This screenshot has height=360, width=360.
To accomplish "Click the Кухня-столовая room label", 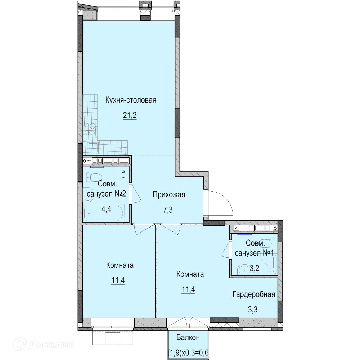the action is (x=131, y=100).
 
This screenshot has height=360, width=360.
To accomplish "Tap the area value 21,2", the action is (x=130, y=115).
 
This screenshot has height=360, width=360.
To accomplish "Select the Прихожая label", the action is (x=169, y=195).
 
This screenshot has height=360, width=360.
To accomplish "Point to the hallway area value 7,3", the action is (x=168, y=210).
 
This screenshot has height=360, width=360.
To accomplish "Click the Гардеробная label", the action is (x=254, y=294).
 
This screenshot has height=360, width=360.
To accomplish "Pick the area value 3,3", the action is (x=253, y=310).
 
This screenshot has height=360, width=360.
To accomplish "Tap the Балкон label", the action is (x=188, y=338).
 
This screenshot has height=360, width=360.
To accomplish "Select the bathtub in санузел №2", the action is (x=104, y=213).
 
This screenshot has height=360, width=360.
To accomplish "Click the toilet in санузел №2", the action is (x=94, y=177).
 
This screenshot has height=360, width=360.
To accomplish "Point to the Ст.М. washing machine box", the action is (x=123, y=174).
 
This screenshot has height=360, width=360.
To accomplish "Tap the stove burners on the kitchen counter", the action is (x=90, y=129).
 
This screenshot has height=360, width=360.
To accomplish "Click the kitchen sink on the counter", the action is (x=94, y=148).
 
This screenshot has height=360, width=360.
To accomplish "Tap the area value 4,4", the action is (x=106, y=209).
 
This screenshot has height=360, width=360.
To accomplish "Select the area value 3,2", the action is (x=255, y=268).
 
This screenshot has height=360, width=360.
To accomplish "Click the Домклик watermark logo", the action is (x=44, y=344).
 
